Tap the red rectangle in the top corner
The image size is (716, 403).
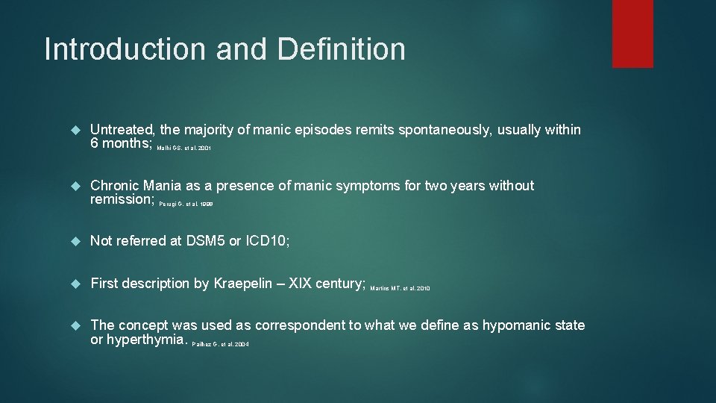[x=632, y=34]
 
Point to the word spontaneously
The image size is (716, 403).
[x=452, y=130]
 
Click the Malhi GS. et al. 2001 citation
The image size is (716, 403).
[x=184, y=149]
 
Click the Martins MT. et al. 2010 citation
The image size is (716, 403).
[x=400, y=288]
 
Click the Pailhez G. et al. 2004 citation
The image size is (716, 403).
[x=220, y=344]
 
